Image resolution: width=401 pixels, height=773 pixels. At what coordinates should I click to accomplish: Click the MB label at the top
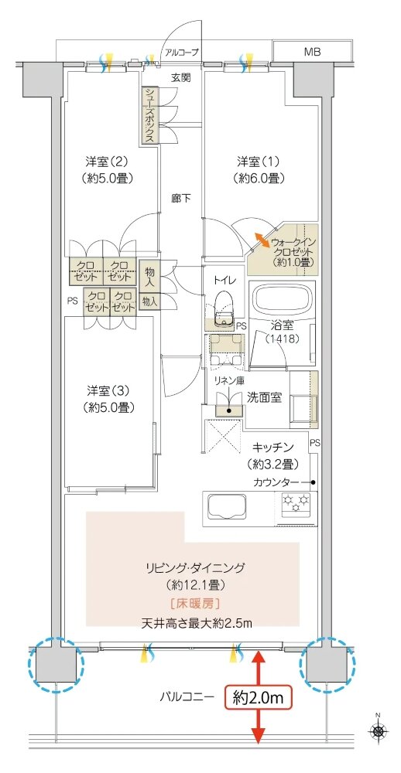[312, 52]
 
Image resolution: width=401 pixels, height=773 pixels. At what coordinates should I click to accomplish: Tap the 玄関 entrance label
[181, 77]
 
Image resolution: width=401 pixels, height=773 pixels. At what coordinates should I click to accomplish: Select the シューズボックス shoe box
[149, 114]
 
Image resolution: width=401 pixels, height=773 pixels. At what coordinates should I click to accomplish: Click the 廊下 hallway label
[181, 198]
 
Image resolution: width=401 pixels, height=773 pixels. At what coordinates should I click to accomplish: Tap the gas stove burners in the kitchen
[294, 506]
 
